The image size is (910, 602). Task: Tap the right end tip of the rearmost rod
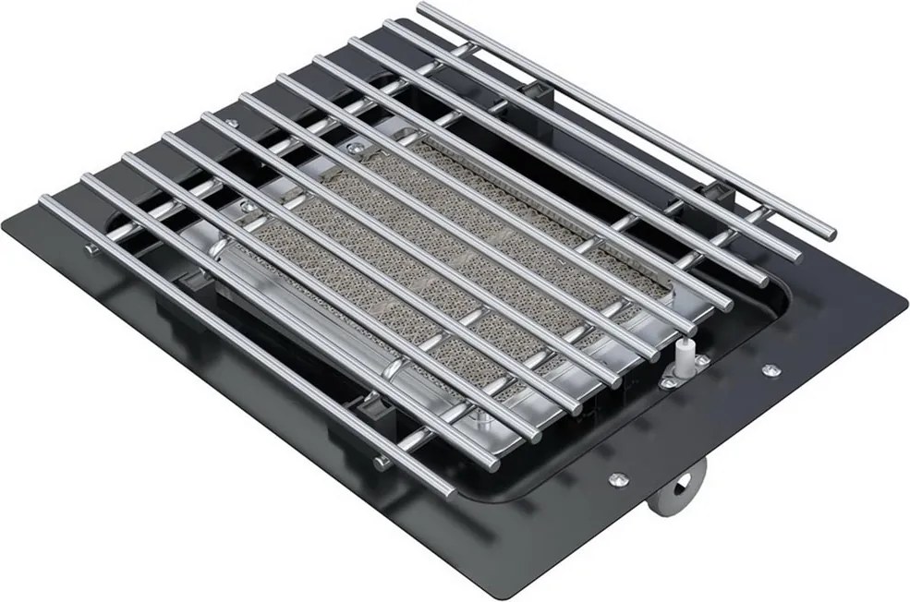pos(829,234)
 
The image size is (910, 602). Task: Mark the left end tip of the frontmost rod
pos(44,202)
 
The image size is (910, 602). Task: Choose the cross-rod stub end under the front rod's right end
pos(381,463)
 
